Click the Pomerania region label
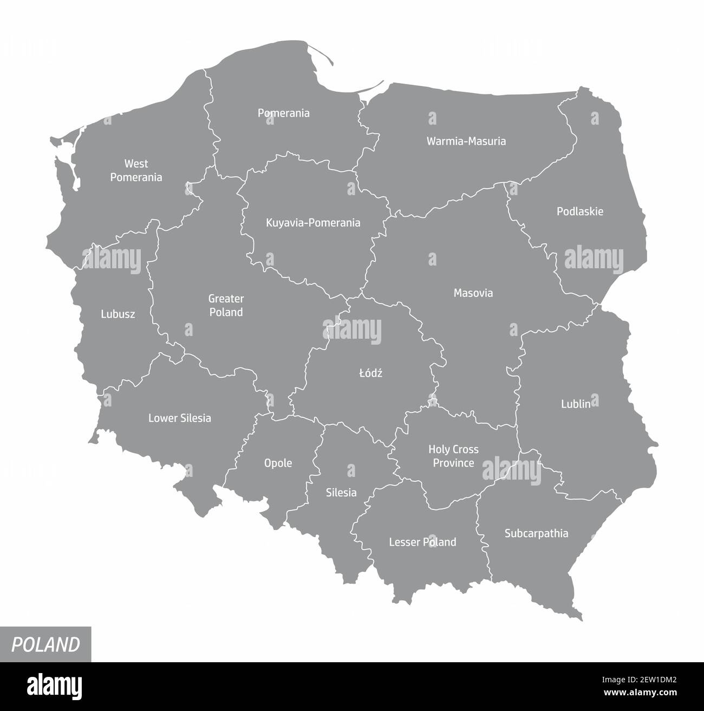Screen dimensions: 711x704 coord(283,113)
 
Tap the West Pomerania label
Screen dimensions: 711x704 coord(136,170)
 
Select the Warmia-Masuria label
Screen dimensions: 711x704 coord(466,141)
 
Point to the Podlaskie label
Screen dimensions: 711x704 coord(579,211)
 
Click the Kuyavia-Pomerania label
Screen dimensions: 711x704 coord(313,223)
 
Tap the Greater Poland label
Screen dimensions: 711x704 coord(226,305)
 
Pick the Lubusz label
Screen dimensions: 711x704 coord(118,314)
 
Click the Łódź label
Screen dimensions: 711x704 coord(370,373)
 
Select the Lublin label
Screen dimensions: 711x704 coord(575,404)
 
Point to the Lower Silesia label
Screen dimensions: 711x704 coord(180,418)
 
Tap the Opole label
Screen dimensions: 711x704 coord(278,463)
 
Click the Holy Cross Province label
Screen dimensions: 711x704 coord(453,456)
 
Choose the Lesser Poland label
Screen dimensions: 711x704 coord(422,542)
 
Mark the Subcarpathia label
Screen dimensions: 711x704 coord(536,533)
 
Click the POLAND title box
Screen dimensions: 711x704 coord(45,644)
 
